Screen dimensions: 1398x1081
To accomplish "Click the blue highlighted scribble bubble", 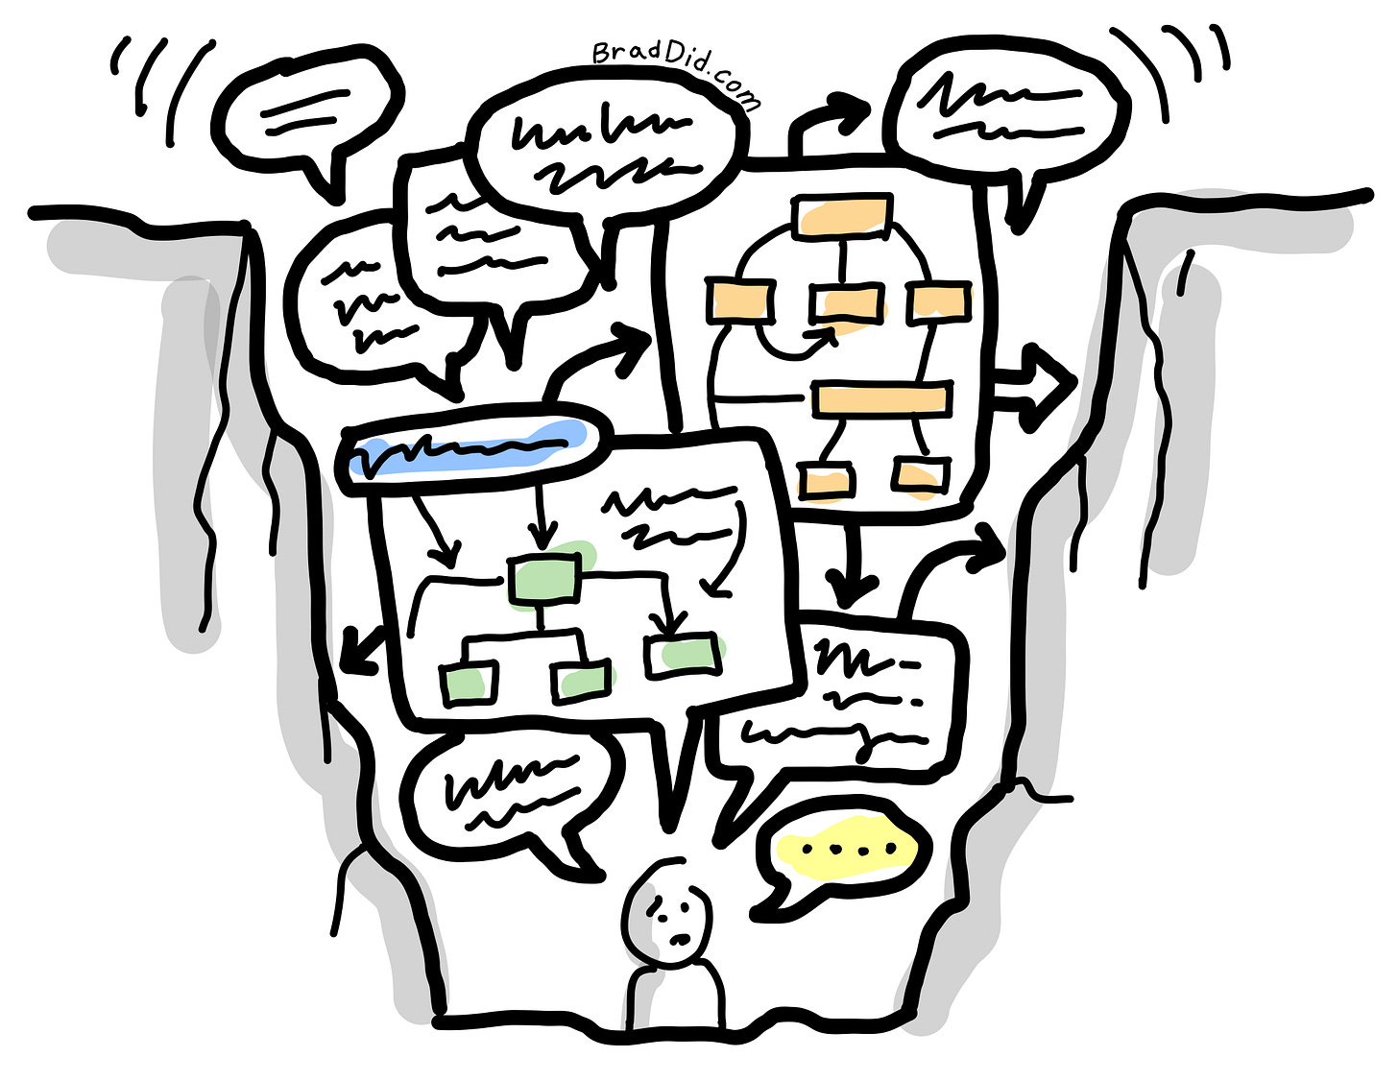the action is click(468, 448).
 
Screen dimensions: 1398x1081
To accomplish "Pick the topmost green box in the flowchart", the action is click(543, 579).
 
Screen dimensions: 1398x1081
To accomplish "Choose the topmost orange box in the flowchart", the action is click(842, 214).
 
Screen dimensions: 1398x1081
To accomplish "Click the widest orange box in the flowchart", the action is click(880, 398).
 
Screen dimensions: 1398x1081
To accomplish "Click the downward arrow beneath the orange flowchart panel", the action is click(849, 566).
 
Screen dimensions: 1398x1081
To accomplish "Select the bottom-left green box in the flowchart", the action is click(470, 683).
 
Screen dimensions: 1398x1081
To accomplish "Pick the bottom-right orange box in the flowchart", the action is click(921, 475).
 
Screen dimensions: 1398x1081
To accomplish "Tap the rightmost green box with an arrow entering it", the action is click(684, 655).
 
